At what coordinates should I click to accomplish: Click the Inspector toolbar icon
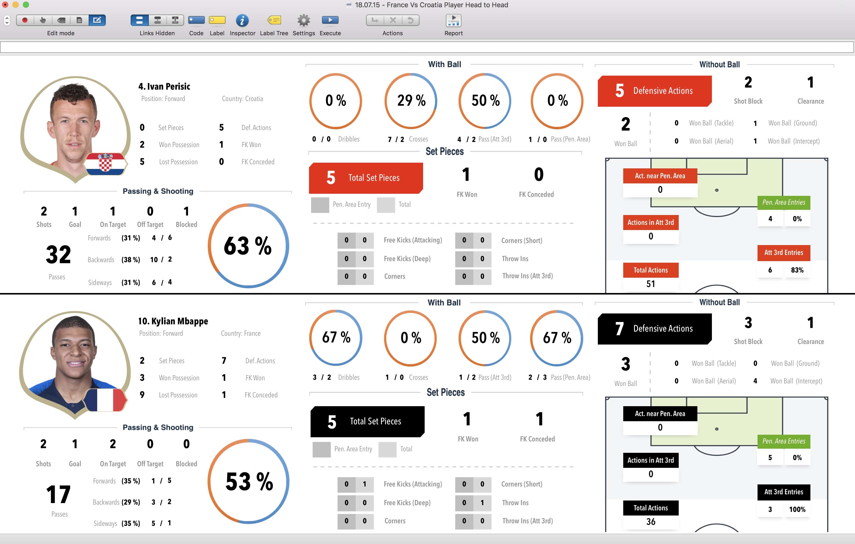coord(242,20)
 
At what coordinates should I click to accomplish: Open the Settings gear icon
coord(304,20)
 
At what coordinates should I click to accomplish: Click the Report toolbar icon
coord(453,20)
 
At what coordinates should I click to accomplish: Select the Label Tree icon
coord(274,20)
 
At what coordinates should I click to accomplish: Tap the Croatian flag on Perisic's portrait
coord(106,164)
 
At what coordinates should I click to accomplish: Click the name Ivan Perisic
coord(164,86)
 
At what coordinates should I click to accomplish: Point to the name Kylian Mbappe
coord(173,321)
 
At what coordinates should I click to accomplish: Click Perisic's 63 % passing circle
coord(248,246)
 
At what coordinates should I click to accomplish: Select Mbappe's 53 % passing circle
coord(249,482)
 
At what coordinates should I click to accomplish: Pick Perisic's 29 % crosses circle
coord(411,101)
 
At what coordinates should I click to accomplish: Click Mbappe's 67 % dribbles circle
coord(336,338)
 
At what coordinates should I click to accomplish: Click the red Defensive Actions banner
coord(654,91)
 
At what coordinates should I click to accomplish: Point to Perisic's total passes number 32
coord(58,254)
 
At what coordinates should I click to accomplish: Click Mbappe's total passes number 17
coord(58,494)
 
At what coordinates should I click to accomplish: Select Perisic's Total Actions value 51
coord(650,284)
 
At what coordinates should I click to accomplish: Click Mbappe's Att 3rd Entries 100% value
coord(797,510)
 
